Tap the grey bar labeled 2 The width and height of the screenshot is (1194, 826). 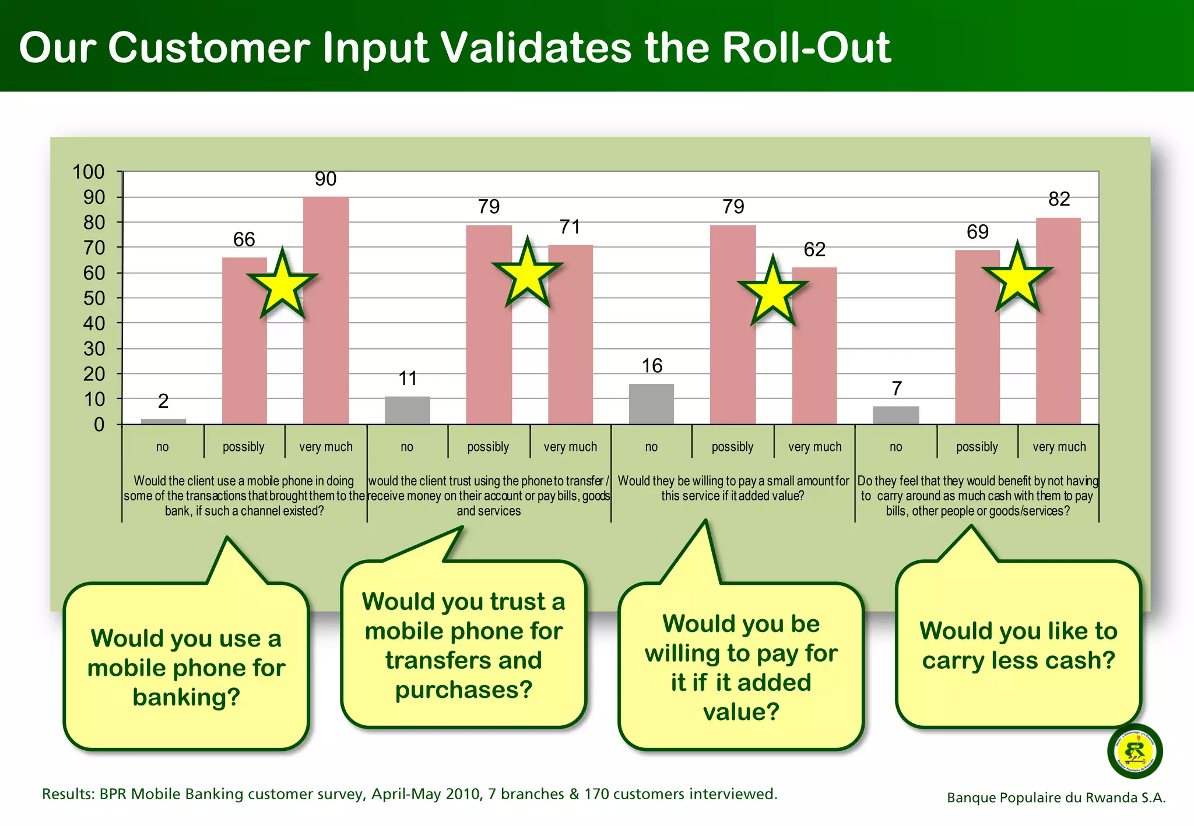(163, 421)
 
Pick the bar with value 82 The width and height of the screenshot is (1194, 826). (1058, 320)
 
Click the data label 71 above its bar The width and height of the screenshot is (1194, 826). (570, 227)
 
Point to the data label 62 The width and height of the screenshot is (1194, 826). (814, 249)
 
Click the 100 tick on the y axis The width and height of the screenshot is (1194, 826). (89, 172)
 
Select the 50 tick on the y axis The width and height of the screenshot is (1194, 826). (94, 298)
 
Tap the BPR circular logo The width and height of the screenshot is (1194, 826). (1135, 751)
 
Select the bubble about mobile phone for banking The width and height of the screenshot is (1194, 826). (186, 667)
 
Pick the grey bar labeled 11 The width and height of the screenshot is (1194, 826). (407, 410)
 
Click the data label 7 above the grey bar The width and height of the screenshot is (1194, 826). (897, 388)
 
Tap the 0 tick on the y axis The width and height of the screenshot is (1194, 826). (99, 425)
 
